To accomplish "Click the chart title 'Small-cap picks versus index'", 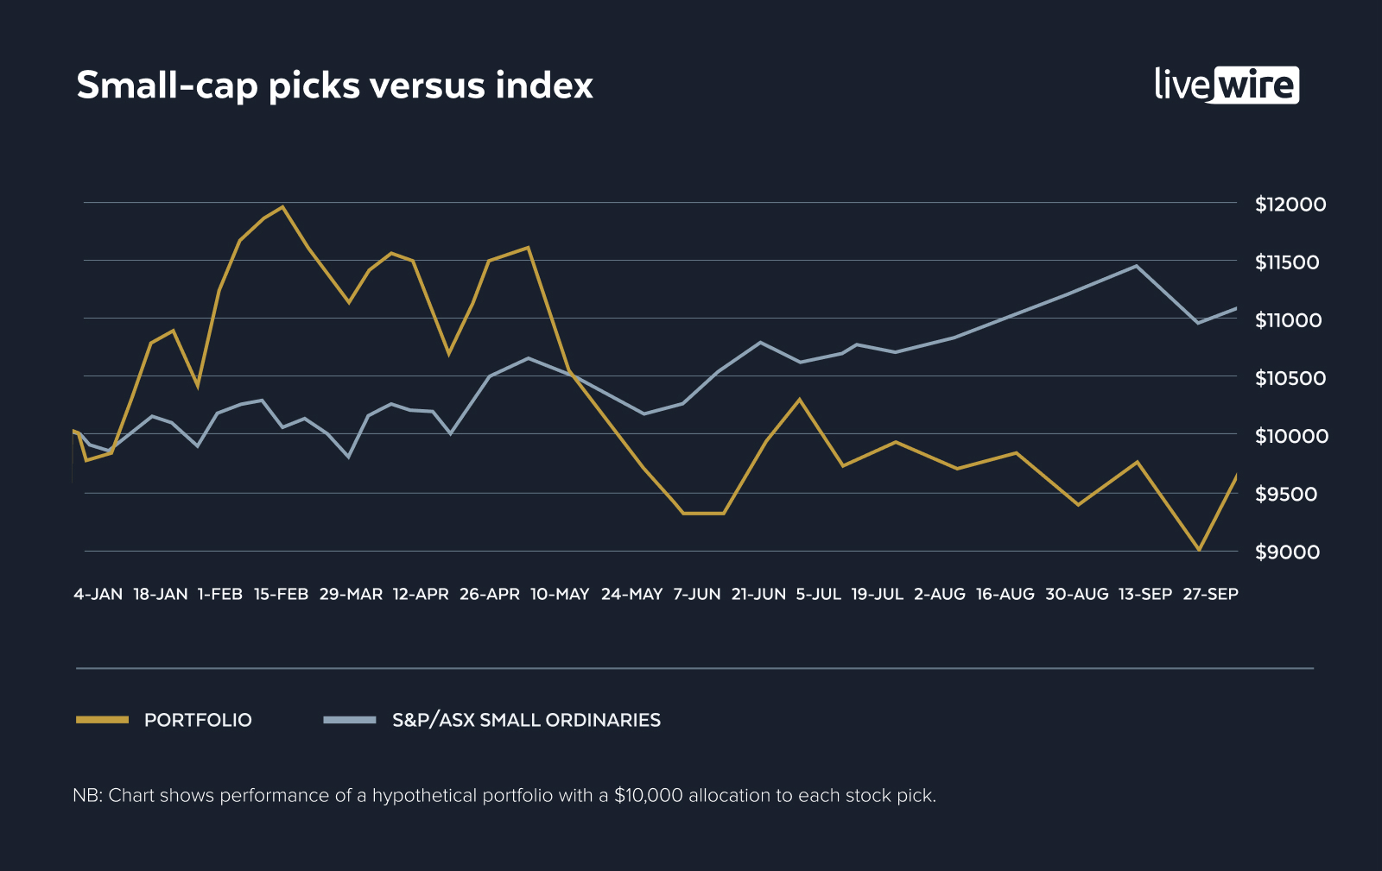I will click(x=334, y=85).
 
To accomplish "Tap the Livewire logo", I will click(x=1227, y=85).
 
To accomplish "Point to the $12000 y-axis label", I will click(x=1290, y=205).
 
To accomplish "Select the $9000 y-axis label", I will click(x=1287, y=552).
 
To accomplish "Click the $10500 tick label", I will click(x=1290, y=378).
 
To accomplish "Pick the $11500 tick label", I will click(x=1287, y=262).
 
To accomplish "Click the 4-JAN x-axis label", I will click(x=98, y=594).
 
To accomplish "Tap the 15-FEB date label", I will click(x=281, y=594).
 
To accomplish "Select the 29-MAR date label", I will click(x=351, y=594).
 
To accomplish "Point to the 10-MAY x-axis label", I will click(x=560, y=594).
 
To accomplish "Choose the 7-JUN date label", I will click(x=696, y=594).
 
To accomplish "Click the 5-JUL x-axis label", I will click(x=818, y=594).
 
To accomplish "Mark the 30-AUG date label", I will click(x=1076, y=594).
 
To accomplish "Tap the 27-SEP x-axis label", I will click(x=1210, y=594).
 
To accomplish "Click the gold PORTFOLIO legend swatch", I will click(x=102, y=719).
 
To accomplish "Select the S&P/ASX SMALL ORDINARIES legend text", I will click(x=526, y=720).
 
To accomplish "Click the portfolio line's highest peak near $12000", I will click(x=282, y=207).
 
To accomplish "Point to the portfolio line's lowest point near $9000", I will click(x=1198, y=549).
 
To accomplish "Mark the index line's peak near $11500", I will click(x=1136, y=266).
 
